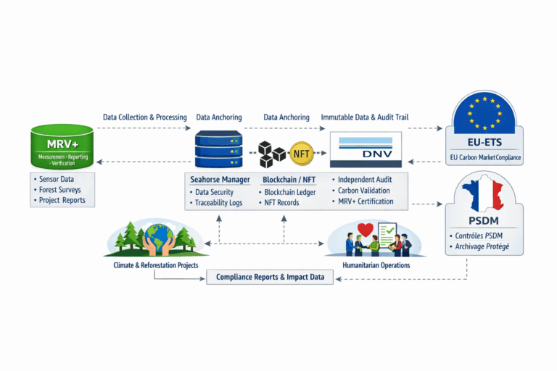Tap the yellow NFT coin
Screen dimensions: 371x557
[x=300, y=153]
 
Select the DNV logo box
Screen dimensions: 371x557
[x=366, y=150]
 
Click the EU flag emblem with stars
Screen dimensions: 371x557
[x=484, y=114]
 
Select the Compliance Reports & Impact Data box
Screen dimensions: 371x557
[x=270, y=277]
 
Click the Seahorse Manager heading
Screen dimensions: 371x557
[x=220, y=179]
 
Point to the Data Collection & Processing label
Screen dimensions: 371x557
[x=144, y=117]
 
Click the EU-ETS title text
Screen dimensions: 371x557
[x=484, y=143]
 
